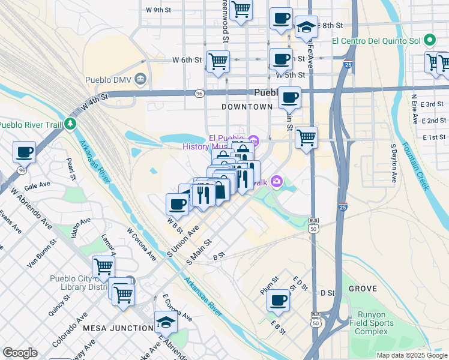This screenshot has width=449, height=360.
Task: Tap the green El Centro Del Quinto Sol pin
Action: pos(429,41)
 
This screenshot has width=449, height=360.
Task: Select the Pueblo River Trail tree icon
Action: pos(71,124)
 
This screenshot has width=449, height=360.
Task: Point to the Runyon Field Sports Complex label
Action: pos(376,323)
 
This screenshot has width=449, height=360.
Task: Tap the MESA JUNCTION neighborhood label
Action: pos(118,328)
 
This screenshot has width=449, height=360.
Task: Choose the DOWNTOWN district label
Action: pos(247,106)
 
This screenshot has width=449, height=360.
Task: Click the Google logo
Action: pos(20,353)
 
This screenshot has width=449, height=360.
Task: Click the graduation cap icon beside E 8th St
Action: pos(306,26)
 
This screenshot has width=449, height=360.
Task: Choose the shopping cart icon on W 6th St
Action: pos(217,60)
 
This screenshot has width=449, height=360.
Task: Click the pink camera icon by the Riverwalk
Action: pos(277,181)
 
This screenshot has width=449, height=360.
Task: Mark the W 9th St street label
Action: pos(158,10)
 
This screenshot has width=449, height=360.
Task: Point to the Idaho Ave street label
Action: pos(81,227)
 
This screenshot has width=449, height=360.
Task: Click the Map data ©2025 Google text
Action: pos(412,355)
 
